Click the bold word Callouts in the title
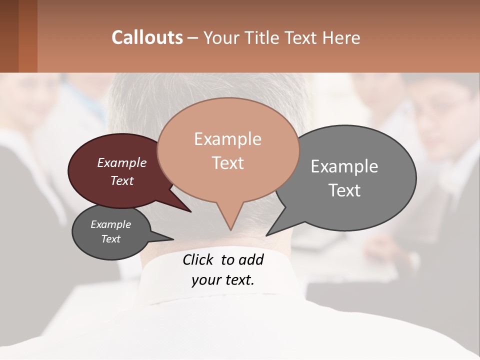[x=147, y=37]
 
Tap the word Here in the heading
[x=342, y=37]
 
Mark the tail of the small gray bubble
[x=170, y=239]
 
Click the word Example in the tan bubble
[x=228, y=139]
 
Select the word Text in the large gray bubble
[x=344, y=190]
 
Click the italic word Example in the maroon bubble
[x=122, y=162]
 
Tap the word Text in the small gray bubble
[x=111, y=239]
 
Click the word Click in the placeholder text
[x=199, y=259]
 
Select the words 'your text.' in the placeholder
[x=223, y=279]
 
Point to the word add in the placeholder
[x=251, y=259]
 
